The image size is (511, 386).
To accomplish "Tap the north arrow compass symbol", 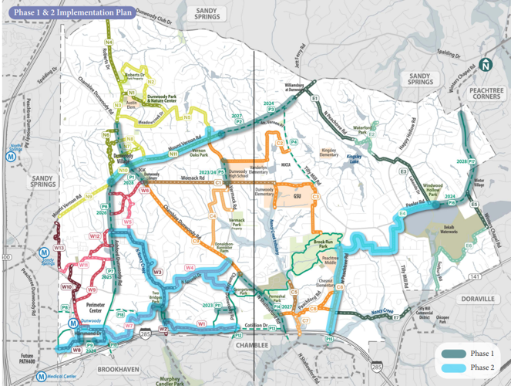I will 485,66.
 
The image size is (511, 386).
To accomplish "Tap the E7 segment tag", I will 395,317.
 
